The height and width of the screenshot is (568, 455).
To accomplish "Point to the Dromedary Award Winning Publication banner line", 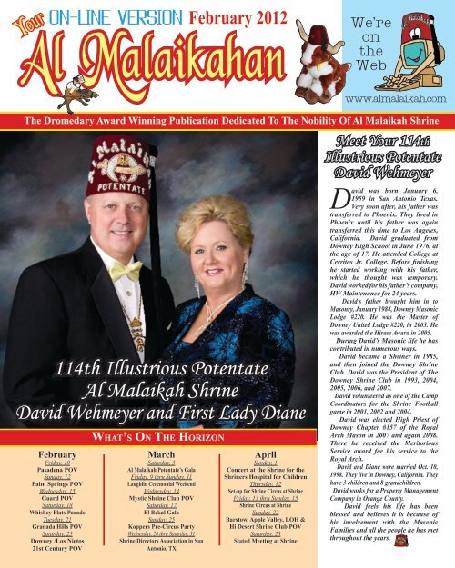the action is coord(227,118).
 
